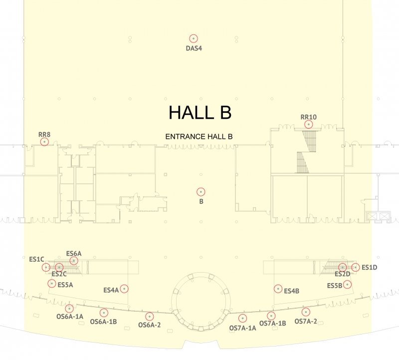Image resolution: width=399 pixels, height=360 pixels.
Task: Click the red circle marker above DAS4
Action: tap(194, 38)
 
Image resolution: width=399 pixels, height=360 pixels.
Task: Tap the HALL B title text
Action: tap(200, 112)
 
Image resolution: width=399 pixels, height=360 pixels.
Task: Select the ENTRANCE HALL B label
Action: tap(199, 137)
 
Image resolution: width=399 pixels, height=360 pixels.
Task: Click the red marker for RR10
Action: tap(308, 124)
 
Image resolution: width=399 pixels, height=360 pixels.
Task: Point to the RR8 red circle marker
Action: tap(44, 142)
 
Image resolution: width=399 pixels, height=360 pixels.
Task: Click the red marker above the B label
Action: tap(201, 192)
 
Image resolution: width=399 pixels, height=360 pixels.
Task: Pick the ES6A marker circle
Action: tap(74, 261)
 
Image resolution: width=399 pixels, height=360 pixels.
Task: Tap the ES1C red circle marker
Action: tap(46, 267)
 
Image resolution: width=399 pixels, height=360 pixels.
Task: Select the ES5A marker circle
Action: tap(52, 283)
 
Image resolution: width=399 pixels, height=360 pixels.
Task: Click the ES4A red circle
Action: tap(124, 289)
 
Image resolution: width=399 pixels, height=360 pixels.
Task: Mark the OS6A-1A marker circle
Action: tap(69, 309)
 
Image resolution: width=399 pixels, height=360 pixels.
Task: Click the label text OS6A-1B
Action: tap(103, 322)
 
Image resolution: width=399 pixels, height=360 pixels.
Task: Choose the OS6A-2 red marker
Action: tap(149, 317)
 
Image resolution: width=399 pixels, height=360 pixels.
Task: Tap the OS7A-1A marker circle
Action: tap(242, 318)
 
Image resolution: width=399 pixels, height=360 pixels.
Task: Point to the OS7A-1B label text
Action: tap(272, 324)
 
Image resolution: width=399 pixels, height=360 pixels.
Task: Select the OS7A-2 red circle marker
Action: tap(306, 312)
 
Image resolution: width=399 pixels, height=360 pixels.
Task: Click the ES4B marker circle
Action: tap(278, 289)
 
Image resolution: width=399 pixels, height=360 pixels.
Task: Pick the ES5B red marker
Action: tap(347, 284)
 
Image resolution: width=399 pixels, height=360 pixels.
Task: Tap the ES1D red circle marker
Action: tap(356, 267)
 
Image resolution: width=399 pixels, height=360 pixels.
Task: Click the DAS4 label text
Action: tap(194, 48)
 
